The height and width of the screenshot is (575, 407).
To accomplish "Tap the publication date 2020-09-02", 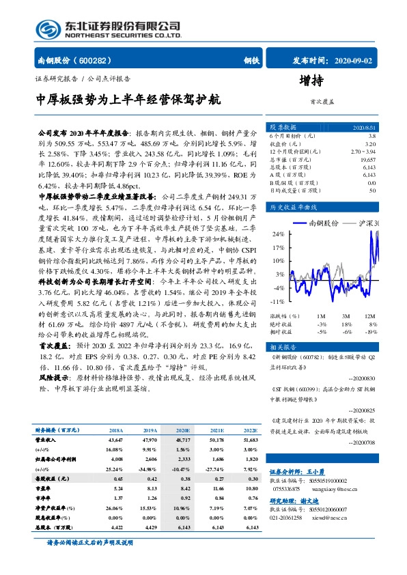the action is click(x=352, y=60).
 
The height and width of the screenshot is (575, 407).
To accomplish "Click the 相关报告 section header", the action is click(x=282, y=347).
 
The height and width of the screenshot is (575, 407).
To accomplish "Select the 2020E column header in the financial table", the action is click(x=182, y=431).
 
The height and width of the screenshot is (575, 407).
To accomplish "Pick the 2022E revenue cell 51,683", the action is click(x=250, y=441).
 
